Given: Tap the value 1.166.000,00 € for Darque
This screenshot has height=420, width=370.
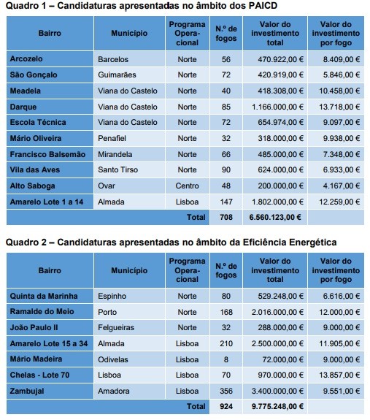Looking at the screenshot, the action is [275, 107].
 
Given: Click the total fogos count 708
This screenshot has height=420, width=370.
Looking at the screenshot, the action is [225, 217].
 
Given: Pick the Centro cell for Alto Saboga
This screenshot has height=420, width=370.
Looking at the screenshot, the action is [187, 186].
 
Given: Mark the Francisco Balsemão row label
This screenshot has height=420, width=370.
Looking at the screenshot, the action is [47, 154].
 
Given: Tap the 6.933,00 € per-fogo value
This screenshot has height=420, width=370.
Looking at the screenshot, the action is [337, 169].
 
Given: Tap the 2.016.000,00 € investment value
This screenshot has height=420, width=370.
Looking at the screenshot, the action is [275, 312].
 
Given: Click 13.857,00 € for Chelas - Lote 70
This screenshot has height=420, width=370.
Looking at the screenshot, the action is [336, 375].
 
